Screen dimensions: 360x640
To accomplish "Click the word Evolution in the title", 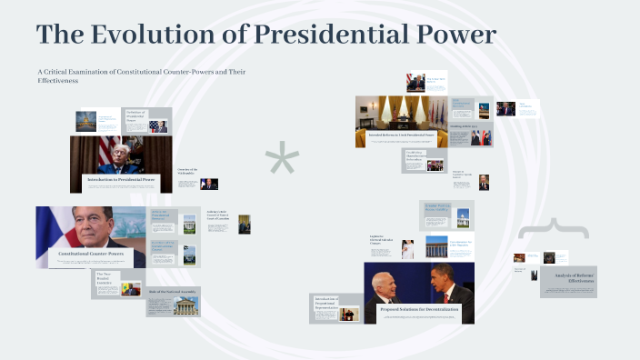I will [150, 35].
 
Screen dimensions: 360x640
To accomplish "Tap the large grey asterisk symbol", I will [282, 160].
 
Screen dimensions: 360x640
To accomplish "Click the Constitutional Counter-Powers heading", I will [91, 254].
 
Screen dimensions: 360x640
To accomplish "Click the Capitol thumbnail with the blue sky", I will [86, 119].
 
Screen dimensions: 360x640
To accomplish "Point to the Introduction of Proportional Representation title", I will [325, 303].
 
